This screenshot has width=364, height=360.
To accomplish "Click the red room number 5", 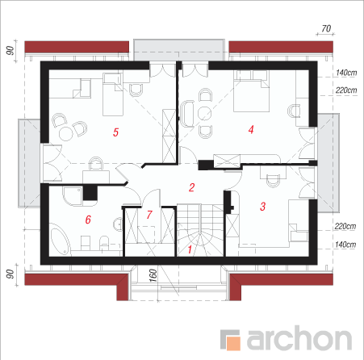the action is click(x=115, y=132).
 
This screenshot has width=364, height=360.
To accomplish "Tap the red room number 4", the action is click(x=251, y=129).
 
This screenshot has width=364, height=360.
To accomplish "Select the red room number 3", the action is click(x=263, y=207).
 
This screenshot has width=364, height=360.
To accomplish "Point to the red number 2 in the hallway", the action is click(x=191, y=187).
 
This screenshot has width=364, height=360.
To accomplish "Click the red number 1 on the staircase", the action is click(x=190, y=249).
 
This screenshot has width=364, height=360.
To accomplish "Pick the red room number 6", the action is click(x=88, y=220).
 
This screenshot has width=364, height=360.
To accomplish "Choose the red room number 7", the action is click(x=149, y=215).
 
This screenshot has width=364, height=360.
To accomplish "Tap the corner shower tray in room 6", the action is click(x=72, y=196).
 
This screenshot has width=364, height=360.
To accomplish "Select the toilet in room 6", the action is click(x=104, y=243).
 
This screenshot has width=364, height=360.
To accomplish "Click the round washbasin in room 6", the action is click(x=118, y=224).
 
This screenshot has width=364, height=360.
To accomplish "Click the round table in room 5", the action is click(x=66, y=134).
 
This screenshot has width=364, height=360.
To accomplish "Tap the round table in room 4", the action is click(x=204, y=113).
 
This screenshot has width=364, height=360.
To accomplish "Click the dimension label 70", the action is click(x=326, y=28).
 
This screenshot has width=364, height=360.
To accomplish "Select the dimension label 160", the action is click(x=153, y=275).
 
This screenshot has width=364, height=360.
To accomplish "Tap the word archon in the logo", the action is click(x=299, y=337).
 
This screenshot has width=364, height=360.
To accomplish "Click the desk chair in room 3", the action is click(x=273, y=181).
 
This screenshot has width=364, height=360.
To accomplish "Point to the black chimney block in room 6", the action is click(x=90, y=193).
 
